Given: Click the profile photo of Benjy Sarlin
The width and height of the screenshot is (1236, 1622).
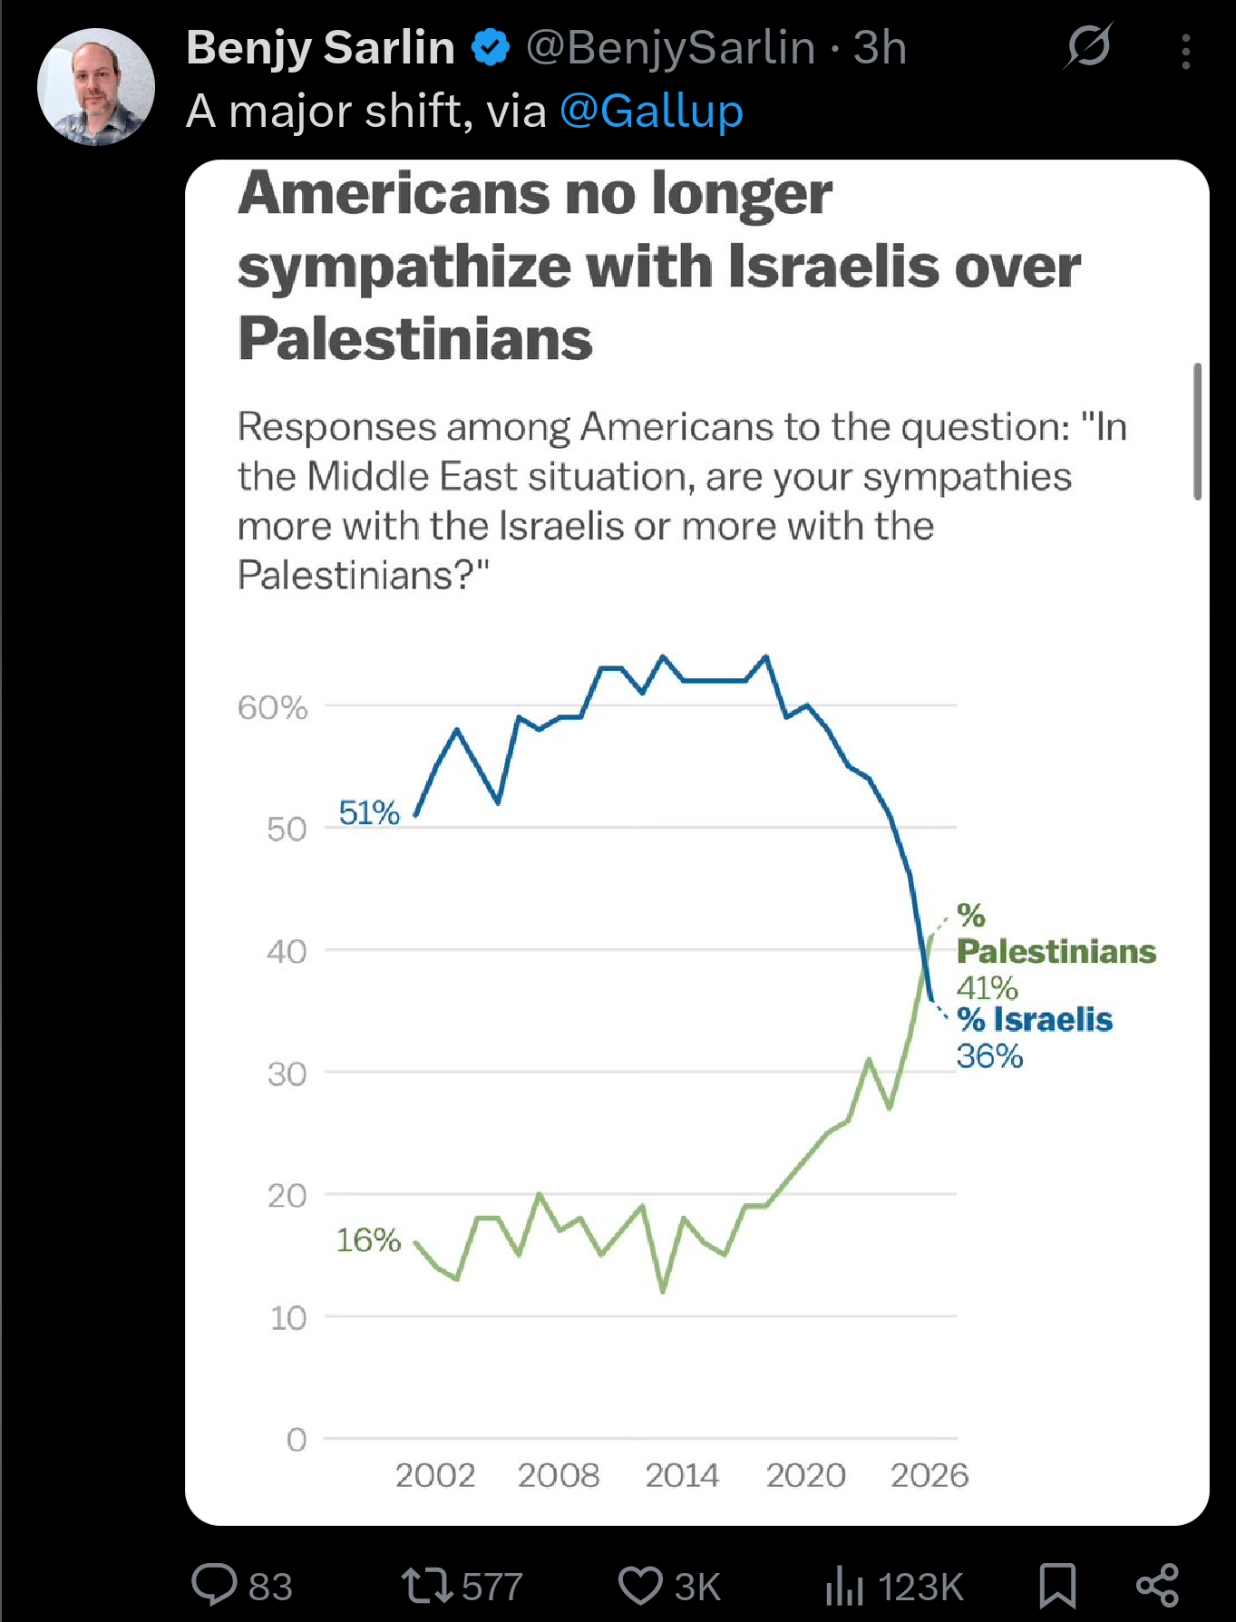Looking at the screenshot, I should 96,87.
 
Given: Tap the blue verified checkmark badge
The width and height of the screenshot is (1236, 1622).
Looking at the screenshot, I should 491,48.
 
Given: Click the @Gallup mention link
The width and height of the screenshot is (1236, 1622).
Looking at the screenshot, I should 651,112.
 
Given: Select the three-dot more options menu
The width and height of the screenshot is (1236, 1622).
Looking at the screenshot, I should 1185,52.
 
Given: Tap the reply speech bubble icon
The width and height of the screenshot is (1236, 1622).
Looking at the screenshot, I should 214,1585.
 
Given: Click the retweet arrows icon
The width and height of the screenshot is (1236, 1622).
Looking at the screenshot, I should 426,1585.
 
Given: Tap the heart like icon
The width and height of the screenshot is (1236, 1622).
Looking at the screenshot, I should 640,1586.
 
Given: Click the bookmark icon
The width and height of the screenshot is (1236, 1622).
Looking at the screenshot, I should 1057,1585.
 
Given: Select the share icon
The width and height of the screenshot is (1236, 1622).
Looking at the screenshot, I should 1158,1585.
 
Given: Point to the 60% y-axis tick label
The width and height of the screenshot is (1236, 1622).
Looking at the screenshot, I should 272,707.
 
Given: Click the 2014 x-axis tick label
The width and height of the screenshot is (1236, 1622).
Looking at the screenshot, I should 682,1475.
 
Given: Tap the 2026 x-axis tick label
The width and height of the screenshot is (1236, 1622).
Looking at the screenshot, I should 929,1475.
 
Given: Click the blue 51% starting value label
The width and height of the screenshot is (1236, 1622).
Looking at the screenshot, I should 369,812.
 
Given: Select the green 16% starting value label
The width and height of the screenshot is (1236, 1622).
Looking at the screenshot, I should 368,1239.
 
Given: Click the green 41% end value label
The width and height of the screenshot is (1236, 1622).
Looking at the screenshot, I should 988,987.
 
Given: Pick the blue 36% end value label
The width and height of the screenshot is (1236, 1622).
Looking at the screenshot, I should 989,1056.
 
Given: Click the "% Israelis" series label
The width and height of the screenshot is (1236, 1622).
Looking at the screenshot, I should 1035,1020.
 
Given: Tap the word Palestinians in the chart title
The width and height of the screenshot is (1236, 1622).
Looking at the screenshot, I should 415,339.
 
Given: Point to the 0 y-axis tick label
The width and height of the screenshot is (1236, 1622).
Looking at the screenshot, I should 297,1439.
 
